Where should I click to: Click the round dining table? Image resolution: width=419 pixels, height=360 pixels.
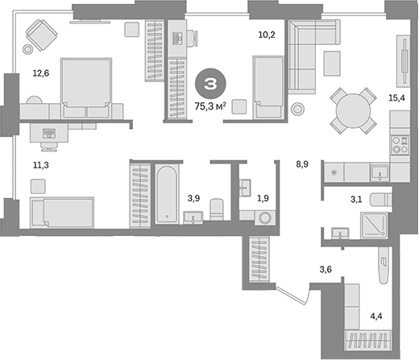[353, 110]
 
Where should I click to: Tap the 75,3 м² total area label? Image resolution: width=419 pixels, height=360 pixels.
[210, 106]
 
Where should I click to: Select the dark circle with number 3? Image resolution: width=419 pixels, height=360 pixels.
[210, 84]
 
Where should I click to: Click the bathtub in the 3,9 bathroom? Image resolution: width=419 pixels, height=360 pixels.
[167, 194]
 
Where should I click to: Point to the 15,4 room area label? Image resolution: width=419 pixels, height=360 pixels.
[396, 98]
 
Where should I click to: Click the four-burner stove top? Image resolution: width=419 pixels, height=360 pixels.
[400, 145]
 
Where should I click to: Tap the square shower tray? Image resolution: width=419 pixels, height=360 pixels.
[374, 226]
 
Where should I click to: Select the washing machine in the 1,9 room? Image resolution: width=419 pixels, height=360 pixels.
[265, 217]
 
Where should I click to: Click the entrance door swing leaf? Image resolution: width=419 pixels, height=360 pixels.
[293, 296]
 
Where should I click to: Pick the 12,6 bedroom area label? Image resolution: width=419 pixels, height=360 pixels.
[41, 73]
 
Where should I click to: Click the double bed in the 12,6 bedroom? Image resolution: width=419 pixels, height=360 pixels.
[86, 88]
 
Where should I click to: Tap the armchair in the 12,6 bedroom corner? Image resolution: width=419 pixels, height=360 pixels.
[42, 35]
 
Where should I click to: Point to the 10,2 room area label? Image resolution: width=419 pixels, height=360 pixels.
[267, 35]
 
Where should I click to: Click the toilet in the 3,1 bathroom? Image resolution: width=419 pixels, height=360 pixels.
[380, 200]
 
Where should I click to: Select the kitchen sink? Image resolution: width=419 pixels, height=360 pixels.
[380, 172]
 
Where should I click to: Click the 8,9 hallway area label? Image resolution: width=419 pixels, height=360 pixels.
[302, 164]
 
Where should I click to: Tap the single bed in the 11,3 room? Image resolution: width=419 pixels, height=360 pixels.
[62, 213]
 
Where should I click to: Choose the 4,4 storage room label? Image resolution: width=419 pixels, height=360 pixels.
[376, 317]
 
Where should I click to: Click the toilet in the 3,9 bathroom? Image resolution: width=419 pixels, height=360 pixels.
[217, 209]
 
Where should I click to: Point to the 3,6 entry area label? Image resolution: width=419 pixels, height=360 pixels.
[326, 269]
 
